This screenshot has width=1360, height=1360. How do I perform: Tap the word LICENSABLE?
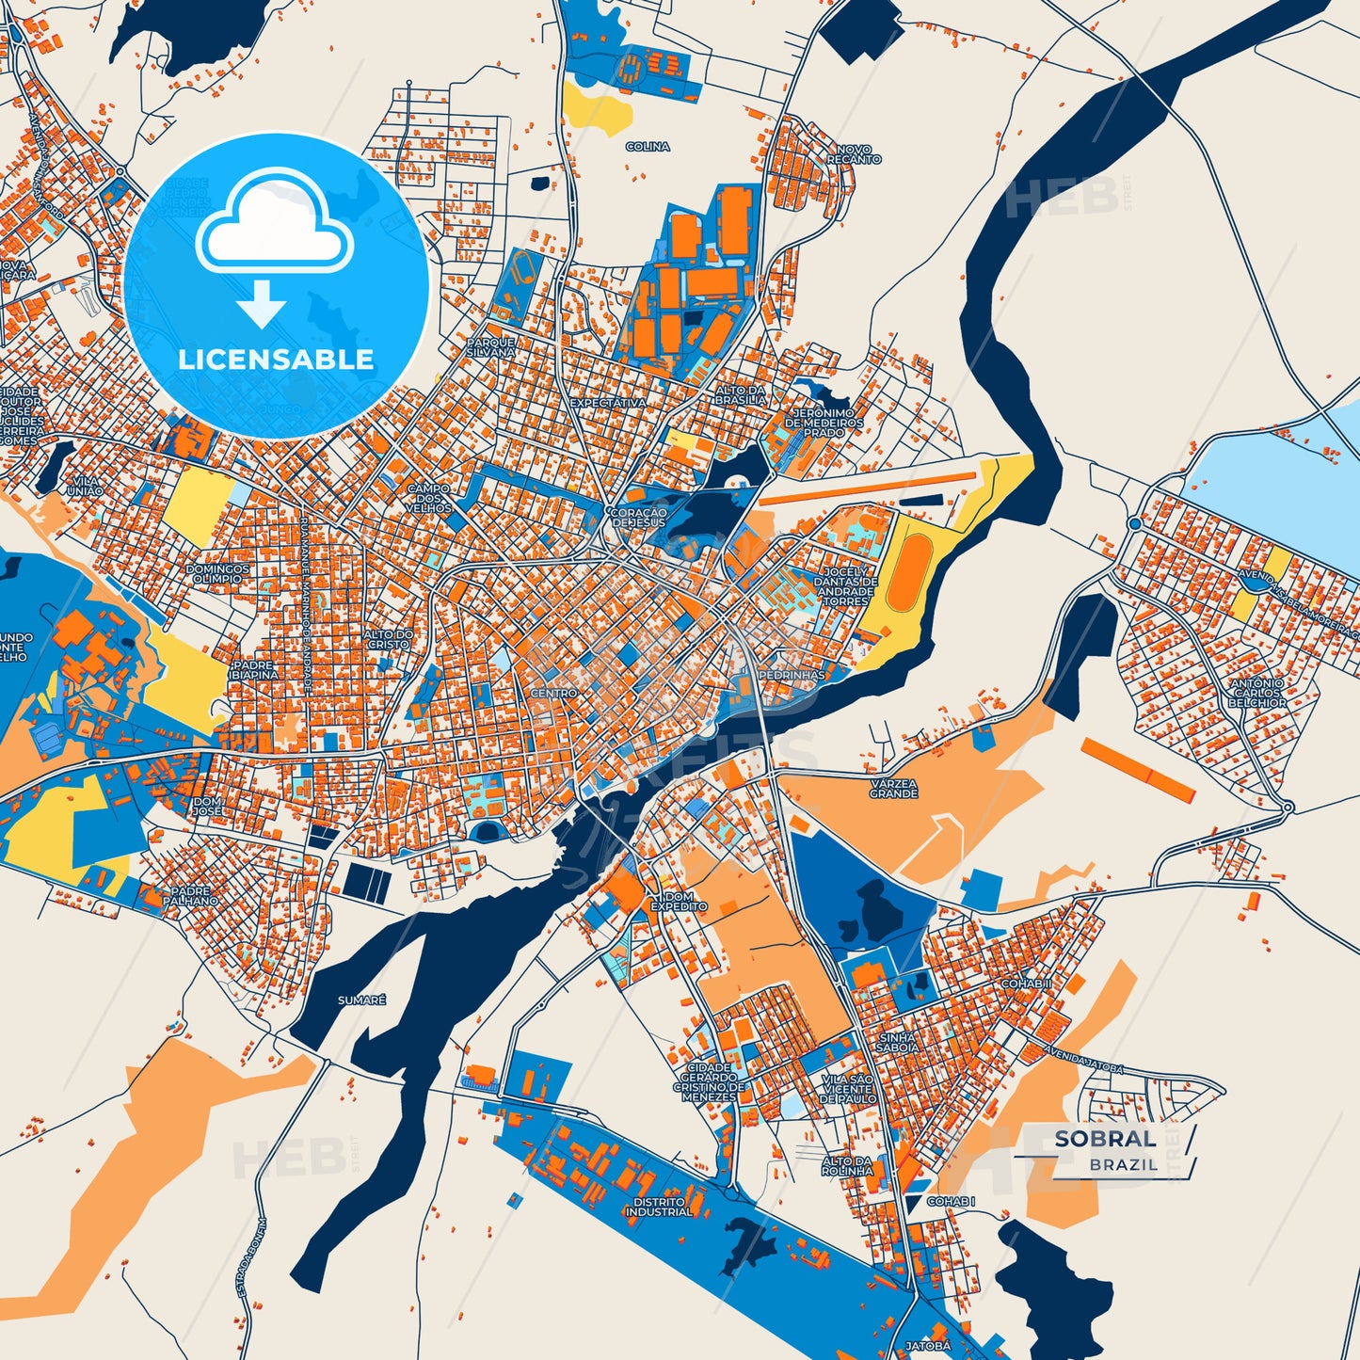click(276, 360)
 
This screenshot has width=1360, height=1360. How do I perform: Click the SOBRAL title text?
click(1105, 1139)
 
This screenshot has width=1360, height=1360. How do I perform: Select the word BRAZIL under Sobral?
click(1124, 1165)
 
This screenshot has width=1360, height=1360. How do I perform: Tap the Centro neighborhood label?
click(554, 694)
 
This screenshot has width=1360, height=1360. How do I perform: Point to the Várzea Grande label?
click(893, 789)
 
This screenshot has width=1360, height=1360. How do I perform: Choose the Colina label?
click(648, 147)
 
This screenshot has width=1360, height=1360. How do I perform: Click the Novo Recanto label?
click(855, 154)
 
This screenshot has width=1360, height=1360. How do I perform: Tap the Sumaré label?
click(361, 1000)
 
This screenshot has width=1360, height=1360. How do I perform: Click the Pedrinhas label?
click(792, 676)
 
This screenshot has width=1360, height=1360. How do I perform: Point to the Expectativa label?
click(608, 403)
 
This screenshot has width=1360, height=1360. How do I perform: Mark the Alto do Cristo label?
click(389, 640)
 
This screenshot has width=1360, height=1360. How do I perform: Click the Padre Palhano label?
click(195, 895)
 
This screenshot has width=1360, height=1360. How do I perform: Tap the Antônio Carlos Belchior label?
click(1257, 693)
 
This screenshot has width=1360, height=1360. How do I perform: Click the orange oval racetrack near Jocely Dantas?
click(906, 573)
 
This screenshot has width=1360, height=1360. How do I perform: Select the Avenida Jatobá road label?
click(1084, 1059)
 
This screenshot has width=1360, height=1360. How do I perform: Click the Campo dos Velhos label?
click(429, 499)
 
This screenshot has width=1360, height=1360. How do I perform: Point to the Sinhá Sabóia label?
click(897, 1042)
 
